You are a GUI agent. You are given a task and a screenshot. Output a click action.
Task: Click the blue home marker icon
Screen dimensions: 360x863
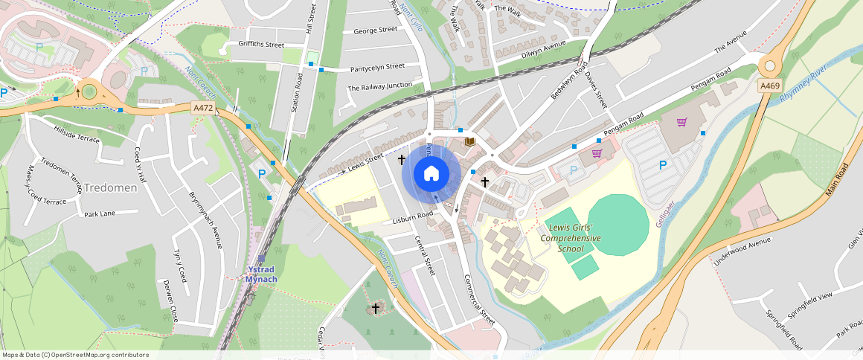pyautogui.click(x=431, y=174)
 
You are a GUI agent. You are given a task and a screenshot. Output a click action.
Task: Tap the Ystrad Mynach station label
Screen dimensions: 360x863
pyautogui.click(x=261, y=274)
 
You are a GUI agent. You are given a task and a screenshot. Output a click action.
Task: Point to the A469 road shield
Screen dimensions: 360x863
pyautogui.click(x=770, y=87)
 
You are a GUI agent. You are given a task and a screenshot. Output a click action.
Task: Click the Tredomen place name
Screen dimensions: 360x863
pyautogui.click(x=110, y=187)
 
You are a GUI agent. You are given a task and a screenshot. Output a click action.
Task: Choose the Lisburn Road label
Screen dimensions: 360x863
pyautogui.click(x=414, y=216)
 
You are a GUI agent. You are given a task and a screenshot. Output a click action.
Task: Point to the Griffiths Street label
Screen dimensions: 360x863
pyautogui.click(x=261, y=45)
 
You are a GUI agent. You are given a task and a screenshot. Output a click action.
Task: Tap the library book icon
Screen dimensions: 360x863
pyautogui.click(x=469, y=141)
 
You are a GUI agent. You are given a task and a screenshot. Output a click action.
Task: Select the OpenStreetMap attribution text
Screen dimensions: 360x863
pyautogui.click(x=75, y=355)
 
